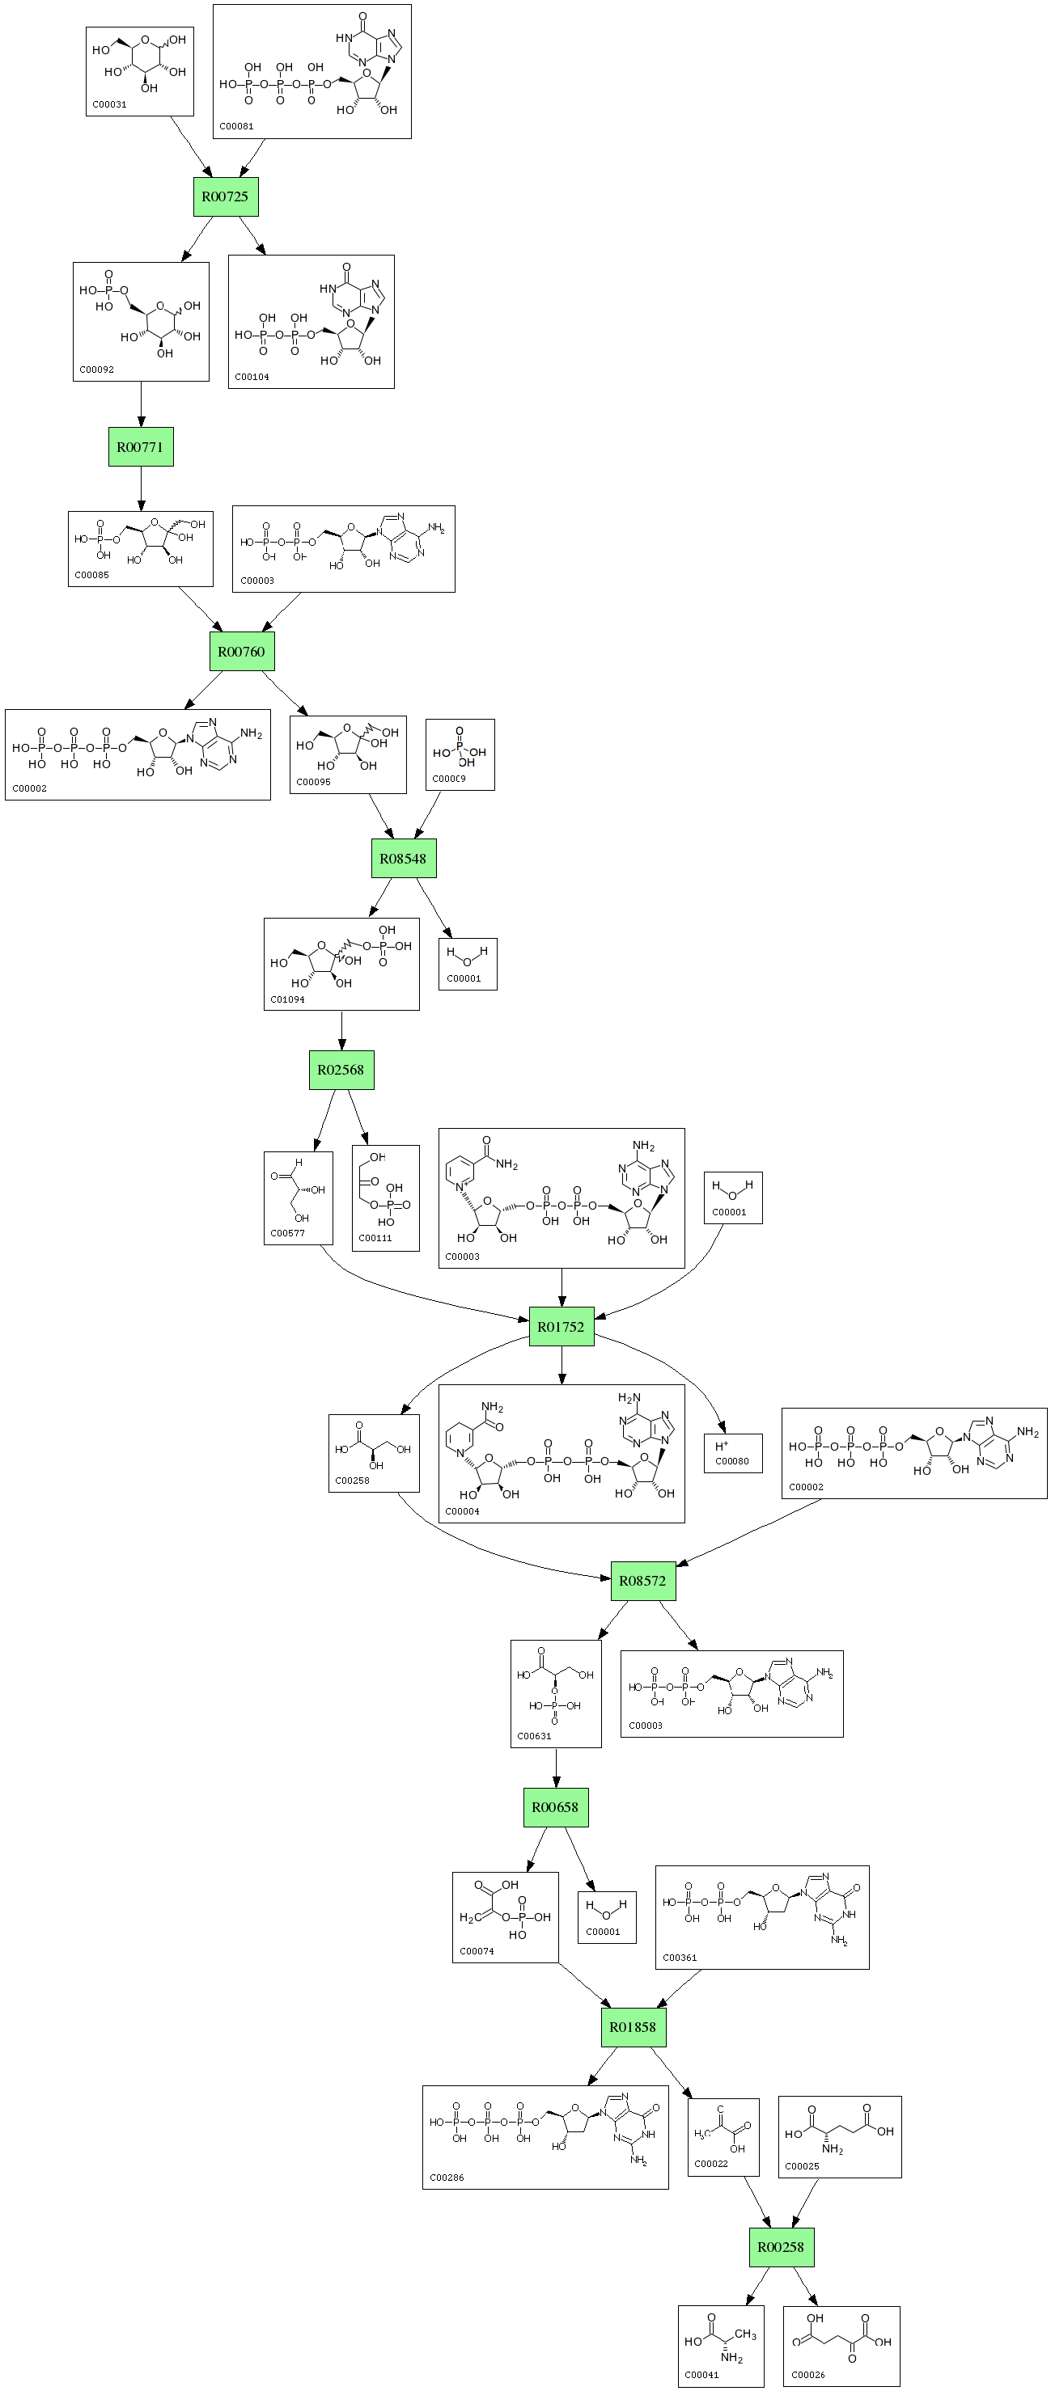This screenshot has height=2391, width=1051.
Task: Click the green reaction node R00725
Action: point(226,196)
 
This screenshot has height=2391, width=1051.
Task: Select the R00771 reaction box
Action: point(140,446)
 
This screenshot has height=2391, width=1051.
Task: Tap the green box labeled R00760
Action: point(241,651)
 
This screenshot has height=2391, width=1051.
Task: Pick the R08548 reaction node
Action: point(403,859)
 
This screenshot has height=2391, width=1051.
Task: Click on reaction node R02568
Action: point(341,1069)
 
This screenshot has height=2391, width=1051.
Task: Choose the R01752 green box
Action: point(561,1326)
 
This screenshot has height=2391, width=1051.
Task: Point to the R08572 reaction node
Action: point(642,1581)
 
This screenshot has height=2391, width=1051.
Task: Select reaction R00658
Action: point(555,1807)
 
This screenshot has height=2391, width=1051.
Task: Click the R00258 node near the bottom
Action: point(781,2247)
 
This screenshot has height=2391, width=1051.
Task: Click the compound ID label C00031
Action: point(109,105)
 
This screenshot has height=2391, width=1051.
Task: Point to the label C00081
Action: point(237,126)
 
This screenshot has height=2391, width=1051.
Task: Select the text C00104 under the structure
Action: point(252,377)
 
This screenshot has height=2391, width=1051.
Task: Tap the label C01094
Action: point(287,999)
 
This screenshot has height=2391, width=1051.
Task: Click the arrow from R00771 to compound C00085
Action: point(141,488)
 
